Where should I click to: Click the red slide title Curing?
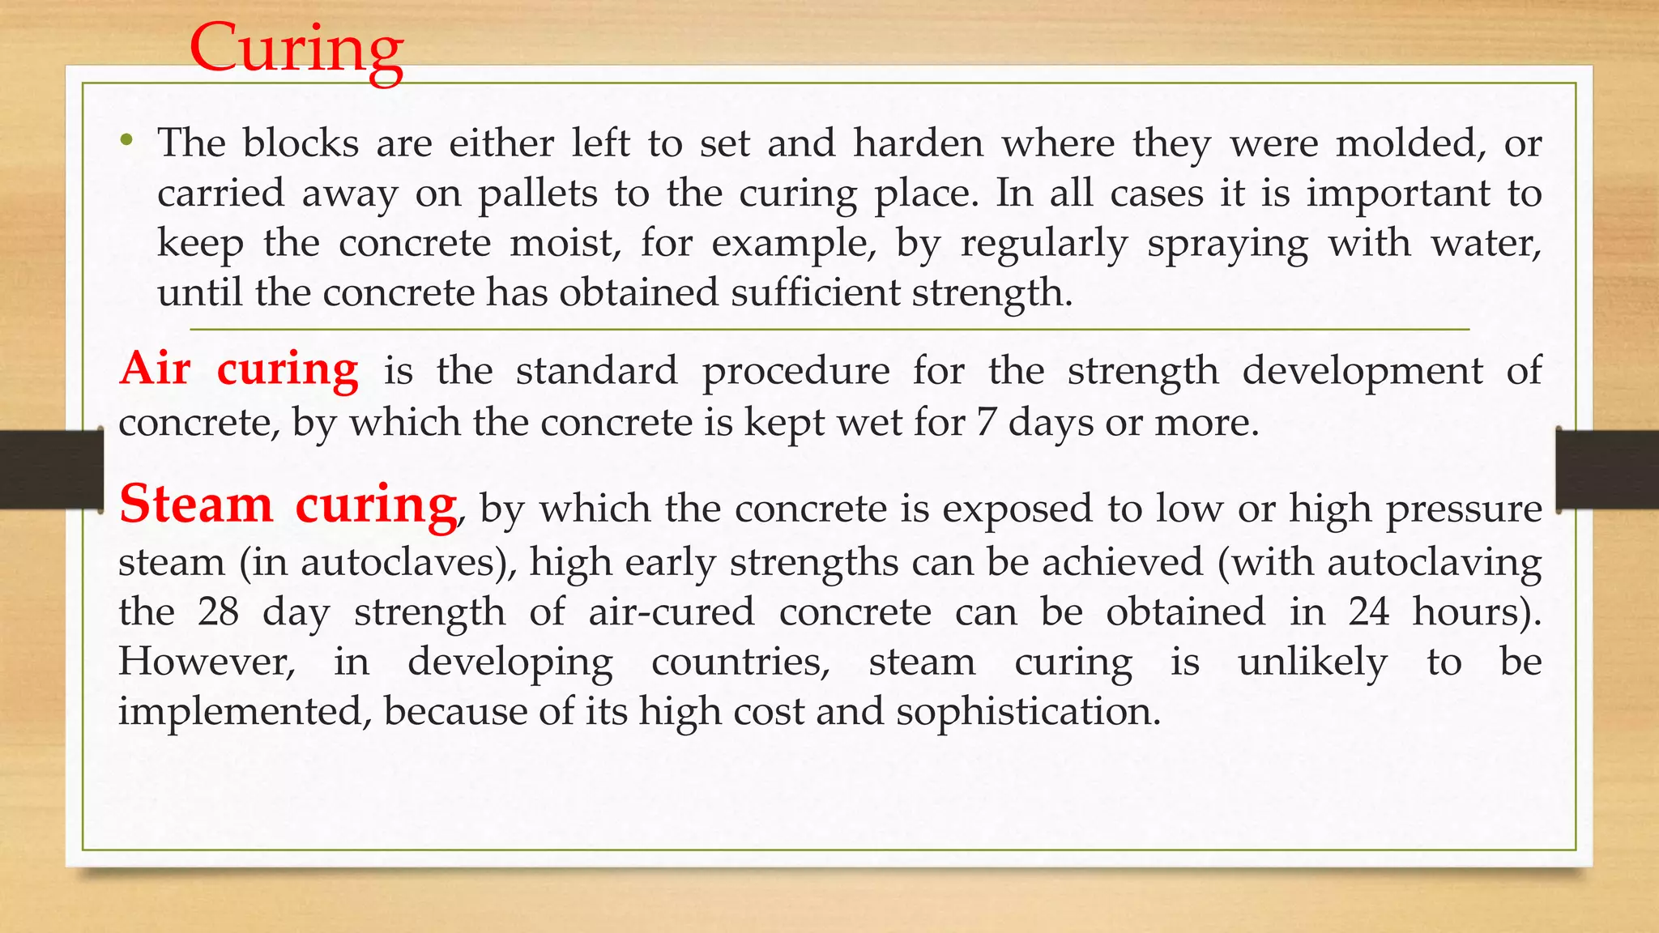pyautogui.click(x=296, y=49)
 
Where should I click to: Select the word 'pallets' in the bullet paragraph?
pyautogui.click(x=537, y=194)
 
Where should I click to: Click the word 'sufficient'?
pyautogui.click(x=815, y=292)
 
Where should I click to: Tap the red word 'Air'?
pyautogui.click(x=156, y=369)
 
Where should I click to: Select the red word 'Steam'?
pyautogui.click(x=196, y=504)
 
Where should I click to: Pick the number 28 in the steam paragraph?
pyautogui.click(x=219, y=611)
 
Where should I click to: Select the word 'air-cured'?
pyautogui.click(x=672, y=611)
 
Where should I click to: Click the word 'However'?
pyautogui.click(x=206, y=662)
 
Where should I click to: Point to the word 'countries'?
pyautogui.click(x=740, y=662)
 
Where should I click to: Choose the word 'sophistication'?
pyautogui.click(x=1028, y=712)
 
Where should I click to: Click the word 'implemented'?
pyautogui.click(x=245, y=712)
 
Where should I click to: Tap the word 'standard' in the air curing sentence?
pyautogui.click(x=596, y=371)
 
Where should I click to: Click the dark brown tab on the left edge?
pyautogui.click(x=51, y=470)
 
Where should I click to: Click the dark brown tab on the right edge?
pyautogui.click(x=1607, y=470)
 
